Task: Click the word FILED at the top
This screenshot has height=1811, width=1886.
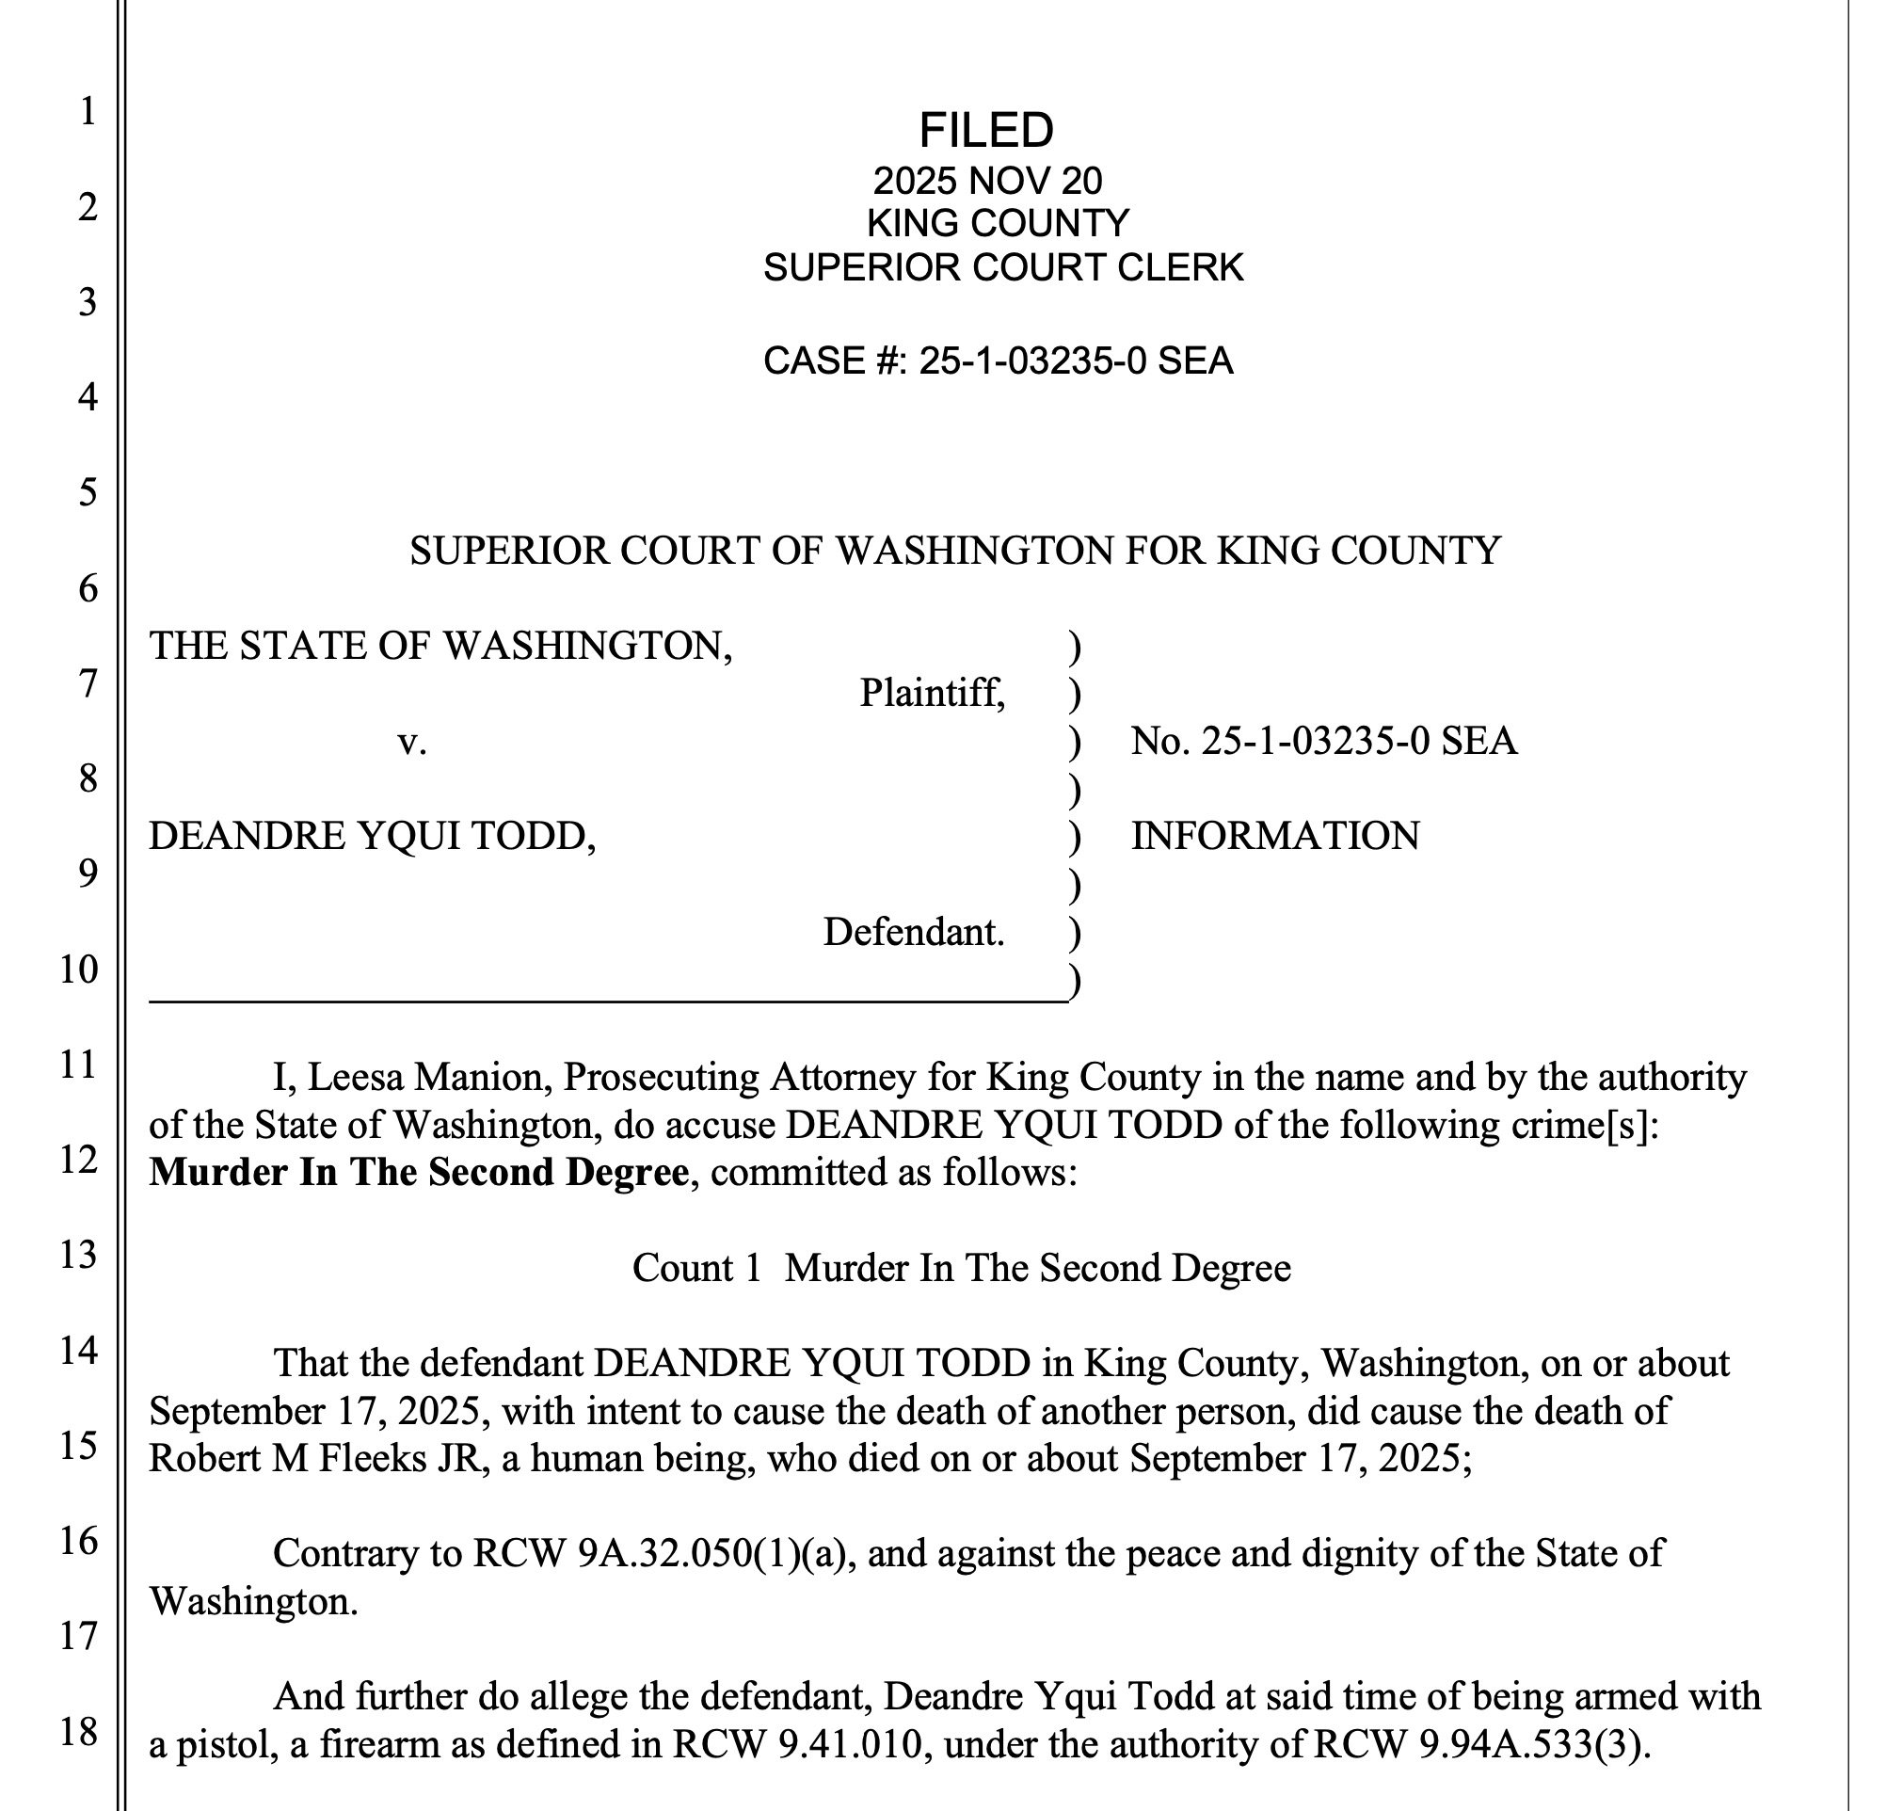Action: [986, 130]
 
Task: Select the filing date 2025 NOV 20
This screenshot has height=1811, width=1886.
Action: [987, 181]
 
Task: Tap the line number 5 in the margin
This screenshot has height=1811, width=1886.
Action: [88, 492]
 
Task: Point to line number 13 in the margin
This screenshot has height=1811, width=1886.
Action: [79, 1255]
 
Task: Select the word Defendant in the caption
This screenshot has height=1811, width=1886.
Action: [912, 932]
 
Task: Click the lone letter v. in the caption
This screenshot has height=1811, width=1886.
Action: [412, 741]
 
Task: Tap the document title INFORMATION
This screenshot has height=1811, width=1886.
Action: [1275, 835]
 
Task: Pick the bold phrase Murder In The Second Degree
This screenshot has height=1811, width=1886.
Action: [419, 1172]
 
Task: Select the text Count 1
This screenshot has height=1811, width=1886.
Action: [696, 1267]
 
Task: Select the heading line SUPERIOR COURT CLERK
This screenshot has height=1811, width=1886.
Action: [1002, 266]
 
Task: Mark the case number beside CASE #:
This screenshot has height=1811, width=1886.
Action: [1076, 361]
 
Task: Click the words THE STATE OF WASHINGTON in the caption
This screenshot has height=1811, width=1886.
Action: [440, 645]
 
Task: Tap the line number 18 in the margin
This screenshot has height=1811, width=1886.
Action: [79, 1732]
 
